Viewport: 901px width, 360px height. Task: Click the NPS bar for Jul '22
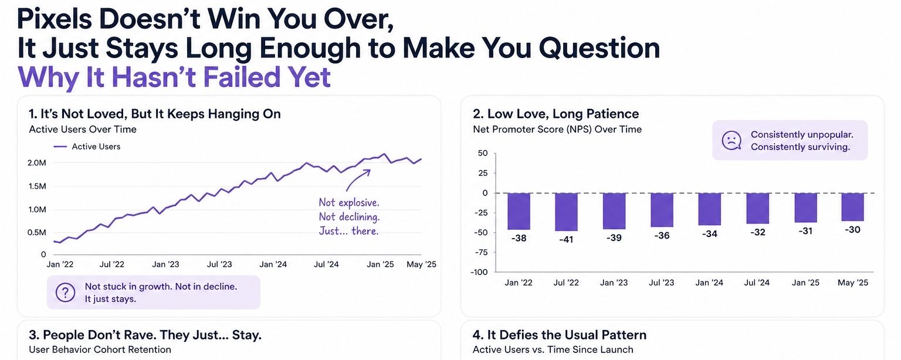566,212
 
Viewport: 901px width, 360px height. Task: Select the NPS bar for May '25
852,207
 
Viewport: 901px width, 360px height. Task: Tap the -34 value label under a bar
709,234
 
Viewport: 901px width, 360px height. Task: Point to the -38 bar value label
519,239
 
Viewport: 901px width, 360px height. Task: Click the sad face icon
731,141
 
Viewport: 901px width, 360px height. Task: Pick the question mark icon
65,292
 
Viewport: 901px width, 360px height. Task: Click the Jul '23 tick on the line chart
219,264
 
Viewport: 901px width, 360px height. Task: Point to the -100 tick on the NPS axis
479,272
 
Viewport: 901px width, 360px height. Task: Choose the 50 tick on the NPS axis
483,154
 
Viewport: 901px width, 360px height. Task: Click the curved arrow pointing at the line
357,179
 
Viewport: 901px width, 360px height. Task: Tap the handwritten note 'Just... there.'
348,231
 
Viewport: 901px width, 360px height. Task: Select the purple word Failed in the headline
229,77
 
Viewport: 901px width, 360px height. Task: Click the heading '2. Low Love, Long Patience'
555,114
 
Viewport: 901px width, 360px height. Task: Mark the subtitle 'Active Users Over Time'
83,129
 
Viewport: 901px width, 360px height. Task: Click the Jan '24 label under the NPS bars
709,283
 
